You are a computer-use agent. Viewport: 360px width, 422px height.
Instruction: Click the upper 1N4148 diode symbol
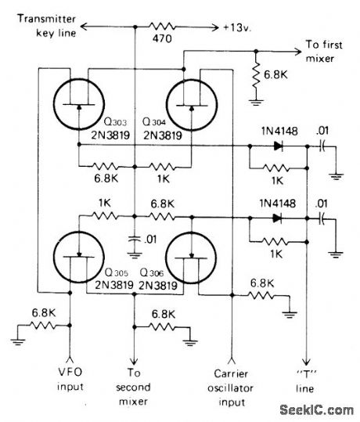pyautogui.click(x=275, y=146)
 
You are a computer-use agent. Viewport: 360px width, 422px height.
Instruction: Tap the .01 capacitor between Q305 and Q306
pyautogui.click(x=136, y=238)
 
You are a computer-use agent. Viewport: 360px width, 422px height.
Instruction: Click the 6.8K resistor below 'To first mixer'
pyautogui.click(x=257, y=74)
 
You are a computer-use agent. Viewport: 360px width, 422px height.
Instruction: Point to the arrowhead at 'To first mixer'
pyautogui.click(x=302, y=49)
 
